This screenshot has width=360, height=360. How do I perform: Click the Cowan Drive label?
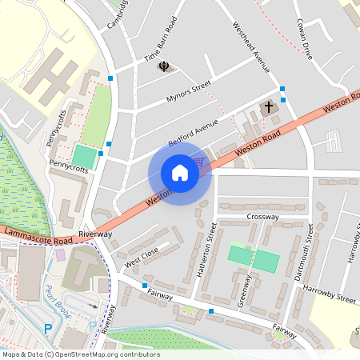(x=303, y=39)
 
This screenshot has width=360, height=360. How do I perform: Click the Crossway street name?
(x=262, y=217)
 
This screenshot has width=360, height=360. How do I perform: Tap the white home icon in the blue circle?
(x=179, y=172)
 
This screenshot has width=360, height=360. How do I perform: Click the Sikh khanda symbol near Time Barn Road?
(x=164, y=66)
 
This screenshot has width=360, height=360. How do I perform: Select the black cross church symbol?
(x=269, y=106)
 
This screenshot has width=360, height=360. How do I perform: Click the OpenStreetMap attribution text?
(x=80, y=354)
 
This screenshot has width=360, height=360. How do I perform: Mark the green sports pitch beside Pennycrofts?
(x=83, y=156)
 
